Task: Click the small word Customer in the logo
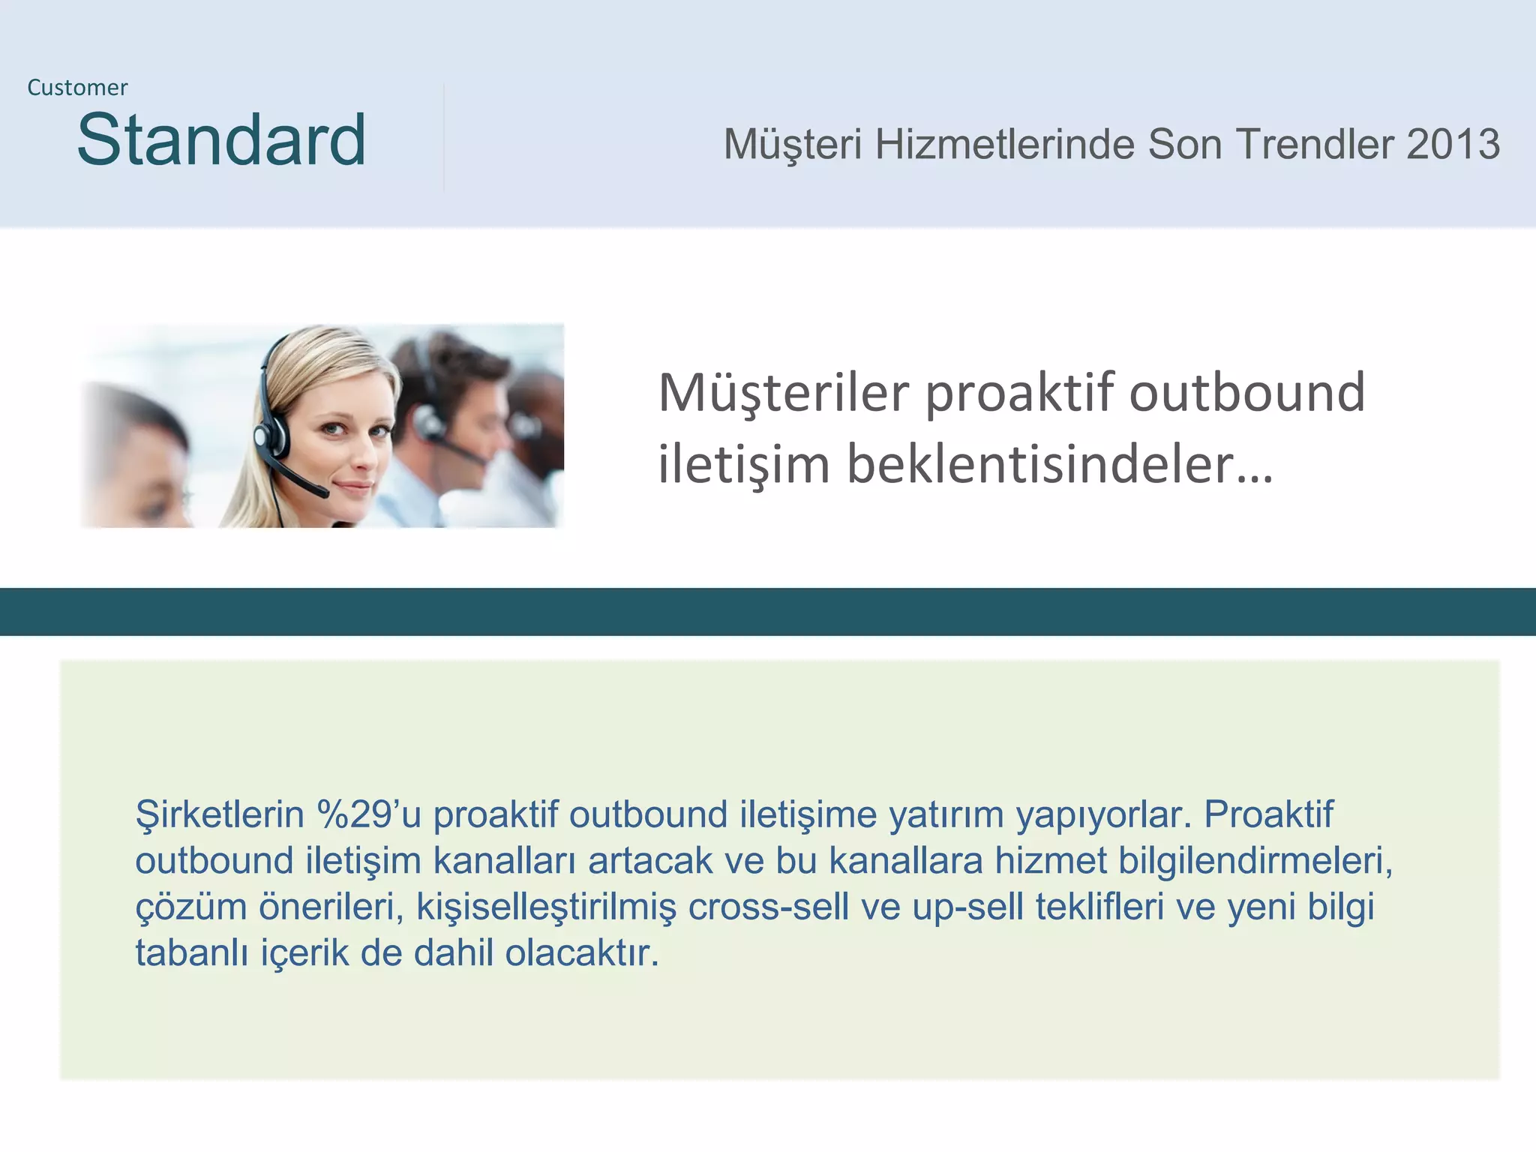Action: pyautogui.click(x=77, y=88)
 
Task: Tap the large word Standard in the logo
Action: pyautogui.click(x=221, y=140)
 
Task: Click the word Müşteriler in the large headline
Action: pyautogui.click(x=784, y=393)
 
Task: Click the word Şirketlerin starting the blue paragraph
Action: pyautogui.click(x=219, y=814)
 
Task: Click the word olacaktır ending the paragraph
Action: pyautogui.click(x=581, y=953)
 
